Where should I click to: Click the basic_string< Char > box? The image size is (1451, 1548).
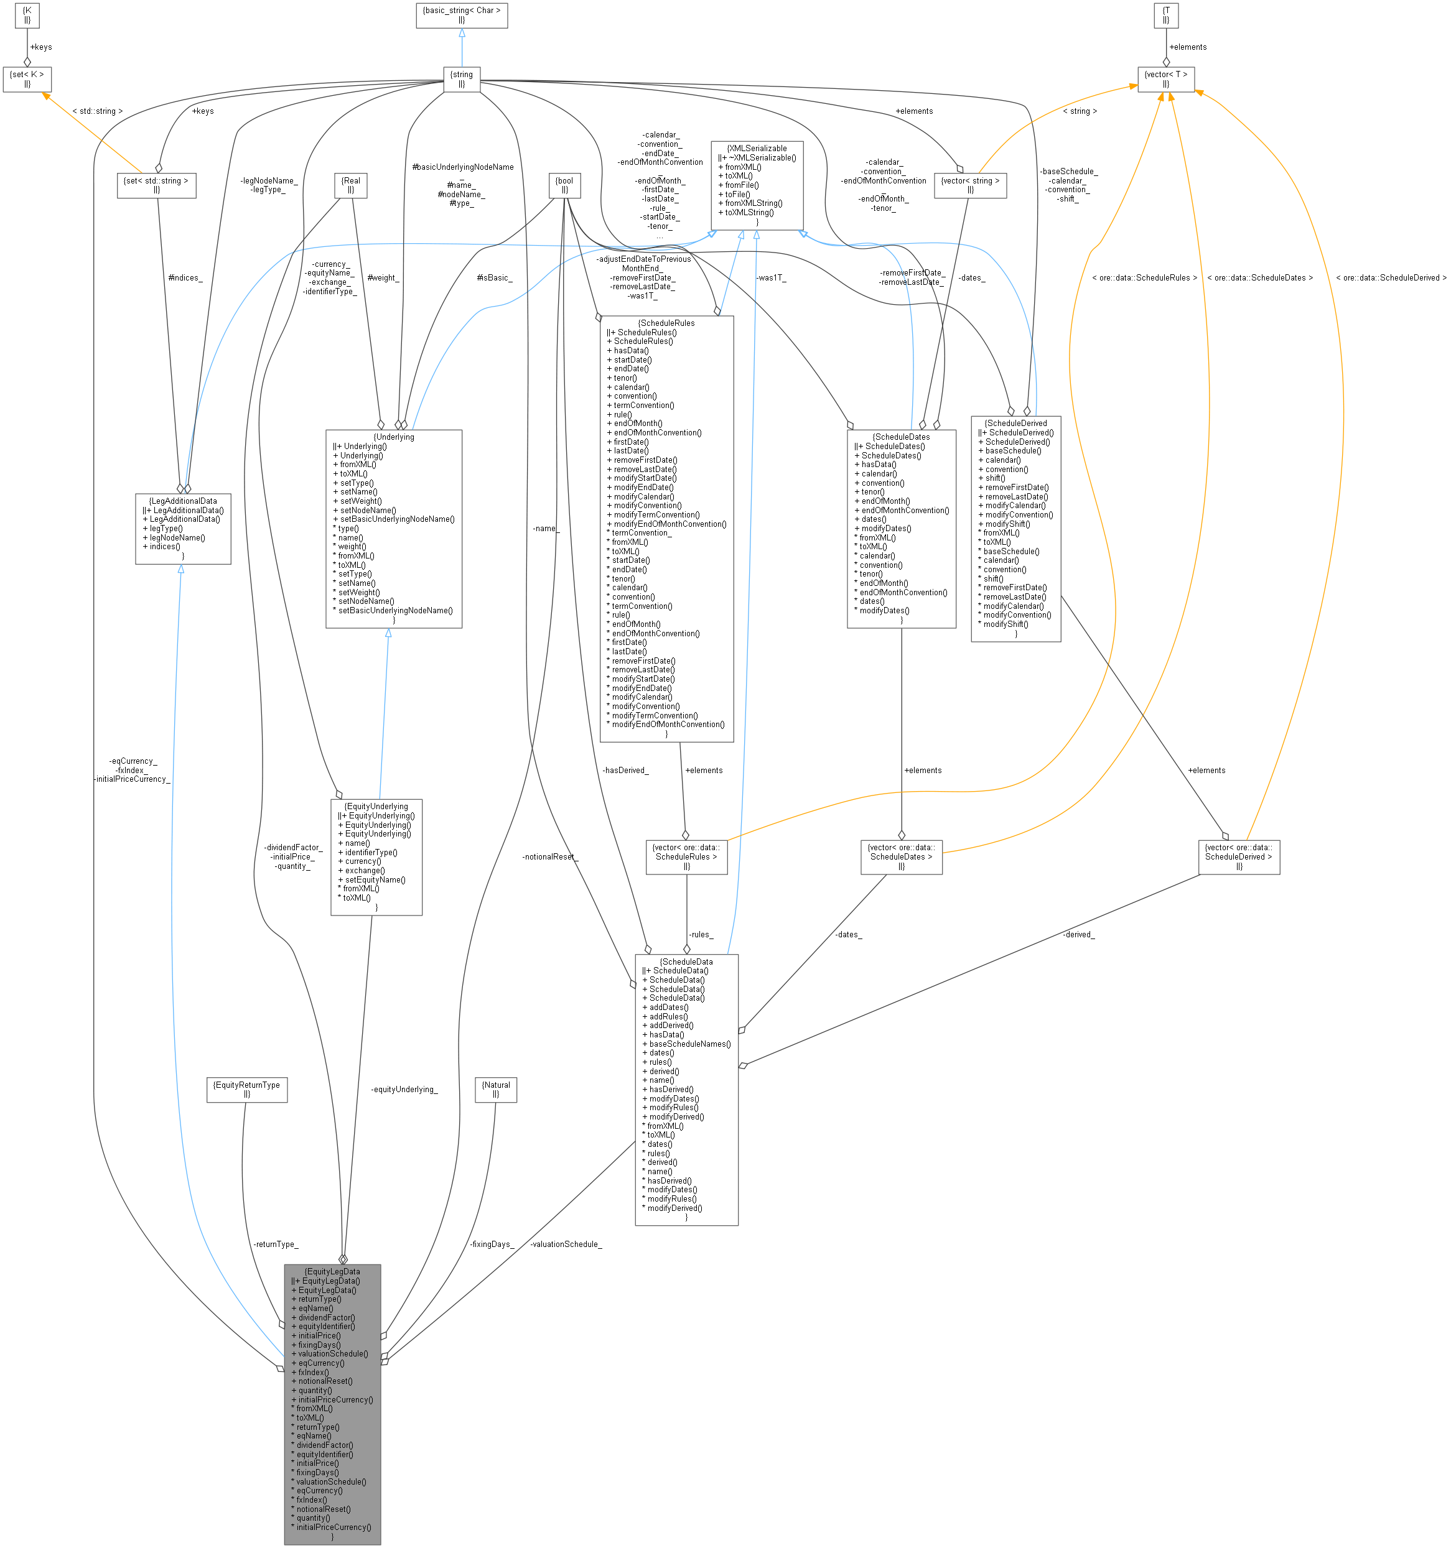[461, 15]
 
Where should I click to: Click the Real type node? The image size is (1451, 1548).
[350, 185]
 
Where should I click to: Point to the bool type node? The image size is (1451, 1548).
[565, 185]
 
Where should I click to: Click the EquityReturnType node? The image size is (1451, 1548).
[247, 1090]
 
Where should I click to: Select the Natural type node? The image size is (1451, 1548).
[496, 1090]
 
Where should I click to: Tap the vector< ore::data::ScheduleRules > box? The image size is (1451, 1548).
[686, 856]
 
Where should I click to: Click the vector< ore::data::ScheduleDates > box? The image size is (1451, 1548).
[901, 856]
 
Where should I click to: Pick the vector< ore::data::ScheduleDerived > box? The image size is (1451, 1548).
[1238, 856]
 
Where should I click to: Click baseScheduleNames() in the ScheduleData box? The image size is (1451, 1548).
[690, 1044]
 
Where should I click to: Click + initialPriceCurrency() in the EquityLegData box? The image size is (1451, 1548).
[335, 1399]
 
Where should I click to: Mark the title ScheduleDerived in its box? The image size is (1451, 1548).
[1015, 424]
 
